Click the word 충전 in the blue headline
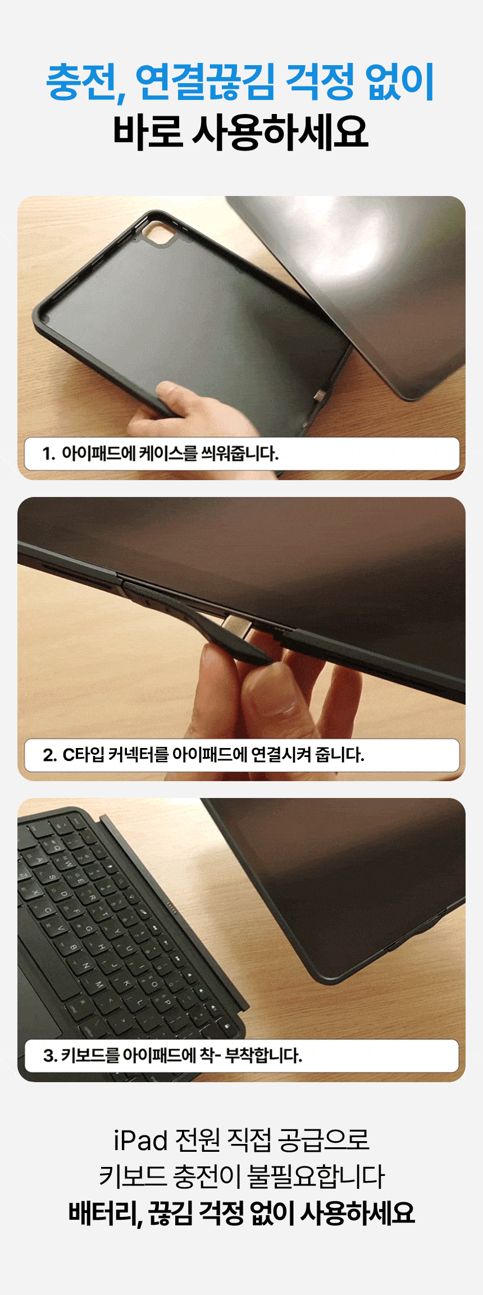point(85,82)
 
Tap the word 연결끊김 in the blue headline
point(206,82)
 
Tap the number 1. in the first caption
point(49,453)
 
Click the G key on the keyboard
point(88,929)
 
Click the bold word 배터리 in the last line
point(103,1213)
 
